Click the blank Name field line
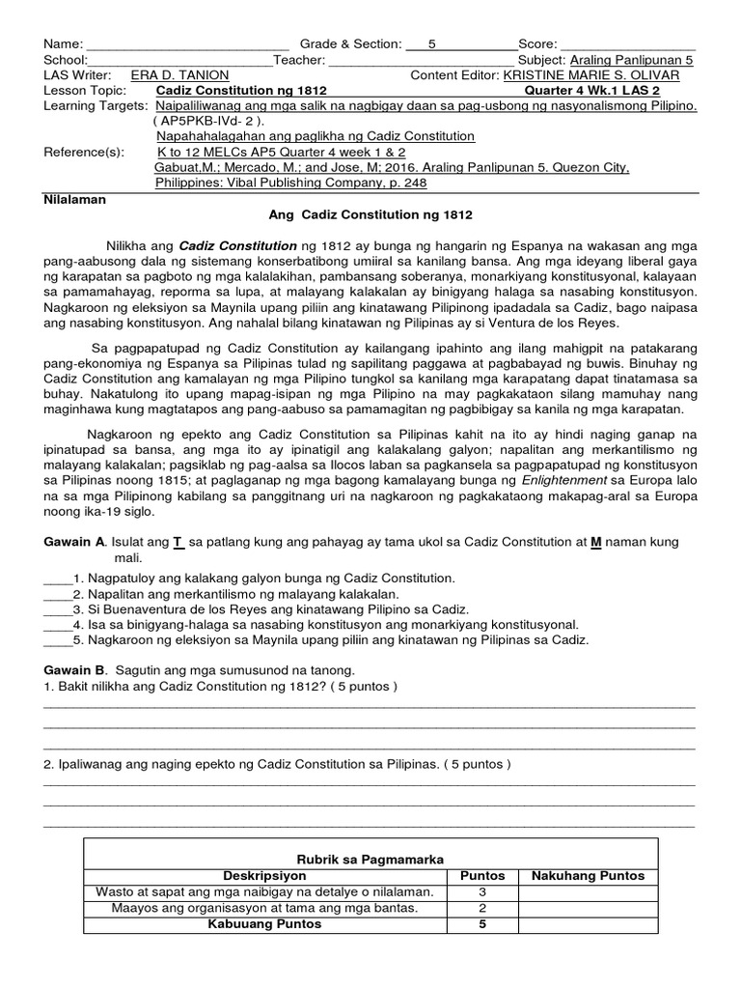coord(187,44)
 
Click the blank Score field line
coord(627,44)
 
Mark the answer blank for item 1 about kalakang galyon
coord(58,578)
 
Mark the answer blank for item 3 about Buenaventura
coord(58,608)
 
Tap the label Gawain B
coord(73,670)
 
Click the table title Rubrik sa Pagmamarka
coord(370,858)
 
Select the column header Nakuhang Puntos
coord(588,876)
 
